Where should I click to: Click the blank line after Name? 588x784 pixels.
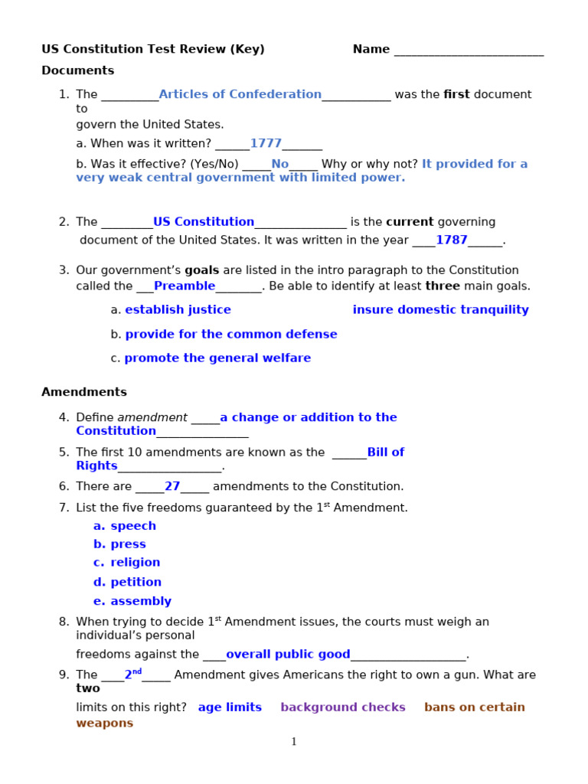[x=469, y=51]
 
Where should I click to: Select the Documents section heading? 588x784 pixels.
[x=77, y=70]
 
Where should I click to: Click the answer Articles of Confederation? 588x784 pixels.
[x=240, y=94]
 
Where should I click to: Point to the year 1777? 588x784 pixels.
[x=266, y=143]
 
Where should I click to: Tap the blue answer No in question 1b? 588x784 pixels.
[x=279, y=164]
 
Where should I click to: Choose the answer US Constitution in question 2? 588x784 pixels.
[x=204, y=222]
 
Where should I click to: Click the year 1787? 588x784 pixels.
[x=451, y=240]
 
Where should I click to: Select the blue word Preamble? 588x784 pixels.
[x=185, y=286]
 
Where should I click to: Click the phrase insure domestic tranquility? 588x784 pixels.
[x=440, y=310]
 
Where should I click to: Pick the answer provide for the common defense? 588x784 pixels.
[x=231, y=335]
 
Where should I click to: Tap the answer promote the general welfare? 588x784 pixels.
[x=217, y=358]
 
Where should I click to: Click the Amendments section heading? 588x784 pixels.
[x=84, y=392]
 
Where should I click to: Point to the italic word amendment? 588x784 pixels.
[x=152, y=417]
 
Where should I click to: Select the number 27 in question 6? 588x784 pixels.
[x=172, y=486]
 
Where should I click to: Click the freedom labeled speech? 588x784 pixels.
[x=133, y=526]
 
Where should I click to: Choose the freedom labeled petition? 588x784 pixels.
[x=136, y=582]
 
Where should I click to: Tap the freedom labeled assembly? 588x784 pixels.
[x=141, y=601]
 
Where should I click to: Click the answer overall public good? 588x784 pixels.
[x=288, y=655]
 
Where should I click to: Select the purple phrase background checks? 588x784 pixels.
[x=343, y=707]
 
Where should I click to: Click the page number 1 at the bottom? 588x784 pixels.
[x=294, y=742]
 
